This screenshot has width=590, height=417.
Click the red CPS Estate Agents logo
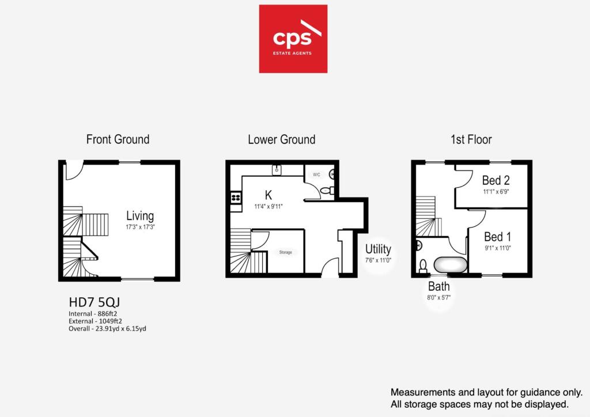[x=293, y=39]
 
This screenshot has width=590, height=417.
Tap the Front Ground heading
[x=118, y=139]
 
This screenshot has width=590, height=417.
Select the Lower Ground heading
[x=281, y=140]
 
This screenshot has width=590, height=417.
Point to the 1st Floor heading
[x=471, y=139]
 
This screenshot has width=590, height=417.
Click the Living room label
[x=140, y=216]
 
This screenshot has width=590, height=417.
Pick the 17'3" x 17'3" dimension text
[x=141, y=227]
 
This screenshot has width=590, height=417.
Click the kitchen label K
[x=268, y=195]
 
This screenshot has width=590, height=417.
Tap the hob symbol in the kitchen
[x=236, y=198]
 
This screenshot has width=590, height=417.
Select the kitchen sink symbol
[x=277, y=170]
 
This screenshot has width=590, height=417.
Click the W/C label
[x=316, y=175]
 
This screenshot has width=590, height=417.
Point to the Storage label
[x=286, y=252]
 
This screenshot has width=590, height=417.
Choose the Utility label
[x=378, y=249]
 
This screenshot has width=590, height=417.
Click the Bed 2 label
[x=496, y=180]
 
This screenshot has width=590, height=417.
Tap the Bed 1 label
[x=497, y=237]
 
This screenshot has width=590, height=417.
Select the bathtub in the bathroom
[x=451, y=265]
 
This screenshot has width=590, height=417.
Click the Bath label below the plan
[x=438, y=286]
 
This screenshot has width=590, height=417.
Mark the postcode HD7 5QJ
[x=94, y=302]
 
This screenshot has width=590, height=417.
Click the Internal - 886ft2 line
[x=93, y=313]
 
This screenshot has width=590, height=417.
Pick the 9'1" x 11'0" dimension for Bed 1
[x=498, y=248]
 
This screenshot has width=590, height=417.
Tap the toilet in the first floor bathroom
[x=423, y=266]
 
